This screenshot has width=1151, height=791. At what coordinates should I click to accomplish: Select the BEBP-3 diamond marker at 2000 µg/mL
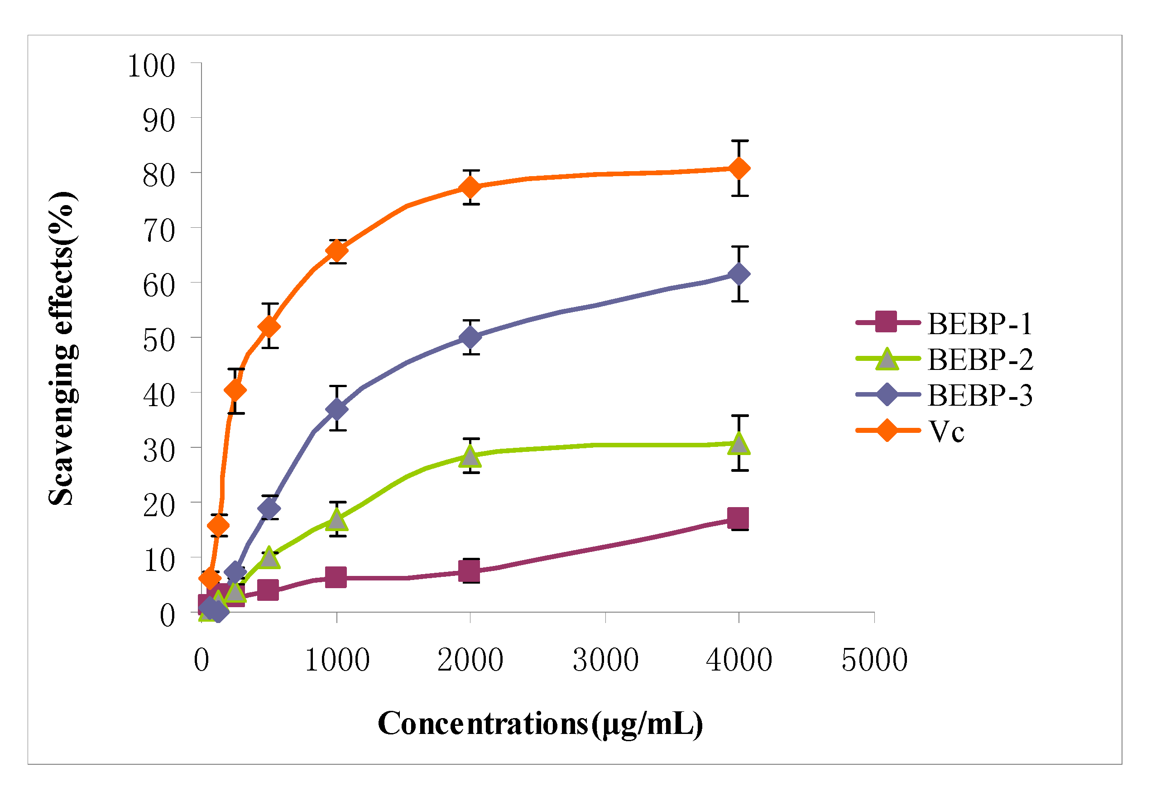point(470,337)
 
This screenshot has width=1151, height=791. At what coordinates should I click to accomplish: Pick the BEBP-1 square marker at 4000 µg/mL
point(738,519)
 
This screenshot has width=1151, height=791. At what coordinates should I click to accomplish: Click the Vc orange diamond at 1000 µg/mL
point(336,251)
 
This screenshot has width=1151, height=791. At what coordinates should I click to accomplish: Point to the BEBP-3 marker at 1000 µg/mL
point(336,409)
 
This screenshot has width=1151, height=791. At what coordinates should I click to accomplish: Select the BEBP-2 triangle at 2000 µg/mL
point(470,456)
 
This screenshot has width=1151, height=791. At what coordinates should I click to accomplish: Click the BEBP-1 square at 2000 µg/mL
point(469,571)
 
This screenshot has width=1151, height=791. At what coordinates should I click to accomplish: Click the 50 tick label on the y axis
point(158,340)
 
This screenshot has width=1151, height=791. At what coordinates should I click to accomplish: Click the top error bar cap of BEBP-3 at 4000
point(739,246)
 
